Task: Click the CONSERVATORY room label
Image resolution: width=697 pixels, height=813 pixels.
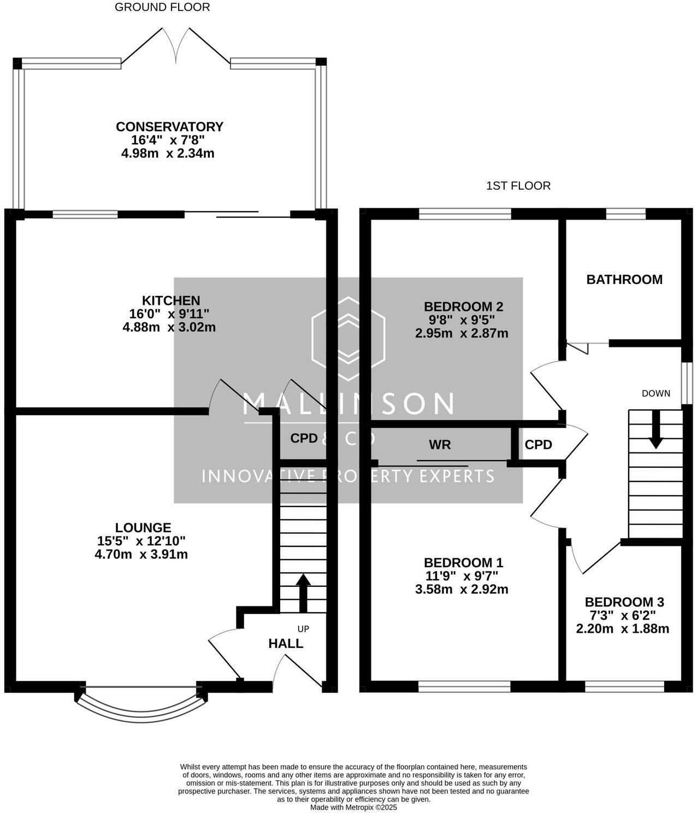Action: pos(169,127)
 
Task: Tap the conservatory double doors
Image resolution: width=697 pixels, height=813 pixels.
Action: pos(176,46)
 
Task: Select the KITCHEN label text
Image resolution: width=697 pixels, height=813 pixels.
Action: pos(171,301)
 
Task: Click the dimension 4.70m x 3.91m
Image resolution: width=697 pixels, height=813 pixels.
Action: pos(141,555)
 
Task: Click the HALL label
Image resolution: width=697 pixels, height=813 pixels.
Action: pos(286,644)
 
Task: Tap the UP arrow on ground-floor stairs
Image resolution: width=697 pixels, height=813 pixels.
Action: pos(303,593)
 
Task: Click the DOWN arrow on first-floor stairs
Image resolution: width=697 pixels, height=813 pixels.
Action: pos(655,429)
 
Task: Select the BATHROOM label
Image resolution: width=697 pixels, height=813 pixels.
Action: pos(624,280)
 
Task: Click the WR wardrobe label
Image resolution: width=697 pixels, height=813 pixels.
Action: pos(440,445)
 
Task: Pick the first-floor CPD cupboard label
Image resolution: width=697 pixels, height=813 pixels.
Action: pos(538,445)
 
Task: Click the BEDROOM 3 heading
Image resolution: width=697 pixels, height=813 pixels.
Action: pos(624,602)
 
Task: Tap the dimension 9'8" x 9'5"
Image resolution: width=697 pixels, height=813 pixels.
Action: pos(462,320)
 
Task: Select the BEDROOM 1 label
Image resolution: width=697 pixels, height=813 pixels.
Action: pos(463,563)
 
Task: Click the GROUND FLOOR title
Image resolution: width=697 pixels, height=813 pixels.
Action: pos(162,7)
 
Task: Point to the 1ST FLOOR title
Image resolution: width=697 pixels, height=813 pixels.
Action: pos(518,186)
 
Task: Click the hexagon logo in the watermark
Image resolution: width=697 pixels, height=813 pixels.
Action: pos(348,339)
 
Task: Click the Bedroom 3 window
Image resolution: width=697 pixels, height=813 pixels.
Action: pos(624,686)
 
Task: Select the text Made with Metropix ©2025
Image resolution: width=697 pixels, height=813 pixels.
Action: pos(353,807)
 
